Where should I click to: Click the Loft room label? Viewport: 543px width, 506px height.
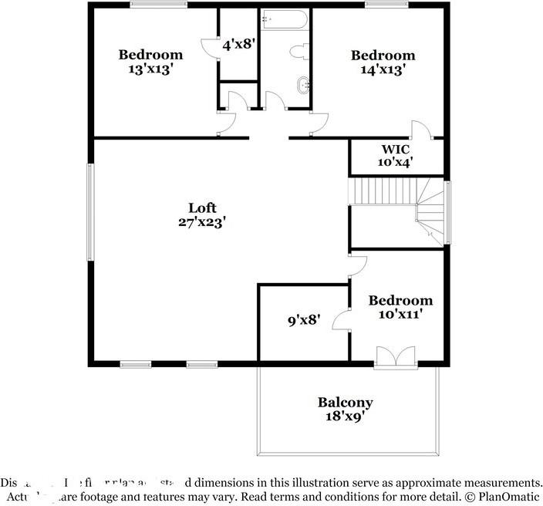click(x=202, y=207)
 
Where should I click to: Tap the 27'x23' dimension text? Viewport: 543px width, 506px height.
click(x=202, y=221)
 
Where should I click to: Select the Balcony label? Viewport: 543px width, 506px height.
click(x=345, y=402)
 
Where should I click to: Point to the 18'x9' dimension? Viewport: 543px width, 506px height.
click(x=345, y=416)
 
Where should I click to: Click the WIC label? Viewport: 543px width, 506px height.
click(x=395, y=148)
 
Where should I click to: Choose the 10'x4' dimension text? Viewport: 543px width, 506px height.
click(x=395, y=162)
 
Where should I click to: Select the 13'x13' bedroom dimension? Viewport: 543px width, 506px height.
click(x=150, y=69)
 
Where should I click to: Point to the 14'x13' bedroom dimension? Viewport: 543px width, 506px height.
click(x=383, y=69)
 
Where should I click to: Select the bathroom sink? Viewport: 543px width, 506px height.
click(x=304, y=86)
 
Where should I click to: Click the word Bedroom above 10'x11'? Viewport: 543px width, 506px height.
click(x=400, y=300)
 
